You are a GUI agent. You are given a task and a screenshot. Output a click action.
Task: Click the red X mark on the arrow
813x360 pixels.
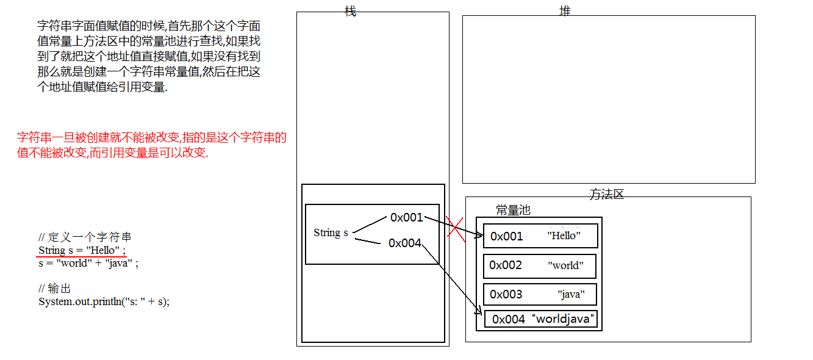point(455,227)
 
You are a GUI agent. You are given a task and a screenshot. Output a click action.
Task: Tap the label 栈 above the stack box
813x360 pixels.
point(350,11)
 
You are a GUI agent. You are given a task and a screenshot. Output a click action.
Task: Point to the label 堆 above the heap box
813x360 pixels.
point(565,11)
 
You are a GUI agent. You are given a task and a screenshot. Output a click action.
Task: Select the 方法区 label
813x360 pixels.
point(607,195)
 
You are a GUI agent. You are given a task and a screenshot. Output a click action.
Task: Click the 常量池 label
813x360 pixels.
point(513,211)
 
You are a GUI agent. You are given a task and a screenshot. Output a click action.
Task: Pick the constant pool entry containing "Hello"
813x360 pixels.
point(540,236)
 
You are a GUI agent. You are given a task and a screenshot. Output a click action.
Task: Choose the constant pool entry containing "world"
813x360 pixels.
point(540,265)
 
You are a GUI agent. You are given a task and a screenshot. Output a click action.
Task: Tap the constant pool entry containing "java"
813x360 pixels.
point(540,295)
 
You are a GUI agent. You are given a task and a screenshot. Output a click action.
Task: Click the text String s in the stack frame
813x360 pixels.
point(331,232)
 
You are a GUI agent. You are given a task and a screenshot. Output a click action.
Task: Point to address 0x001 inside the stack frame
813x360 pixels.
point(407,217)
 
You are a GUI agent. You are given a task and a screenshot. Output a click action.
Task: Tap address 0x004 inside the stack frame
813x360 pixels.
point(405,243)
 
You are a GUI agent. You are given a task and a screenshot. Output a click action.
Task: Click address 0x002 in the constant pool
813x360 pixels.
point(506,265)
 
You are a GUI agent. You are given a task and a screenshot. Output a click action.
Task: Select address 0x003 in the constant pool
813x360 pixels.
point(506,295)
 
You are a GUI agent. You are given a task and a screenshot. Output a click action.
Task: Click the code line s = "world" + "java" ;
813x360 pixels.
point(88,264)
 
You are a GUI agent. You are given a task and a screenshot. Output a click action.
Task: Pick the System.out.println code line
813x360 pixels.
point(104,301)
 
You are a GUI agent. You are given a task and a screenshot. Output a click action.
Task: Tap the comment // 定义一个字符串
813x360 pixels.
point(85,237)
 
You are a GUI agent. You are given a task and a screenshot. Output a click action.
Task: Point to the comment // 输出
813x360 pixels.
point(55,289)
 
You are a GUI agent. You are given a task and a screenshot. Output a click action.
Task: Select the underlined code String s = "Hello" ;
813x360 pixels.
point(82,250)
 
